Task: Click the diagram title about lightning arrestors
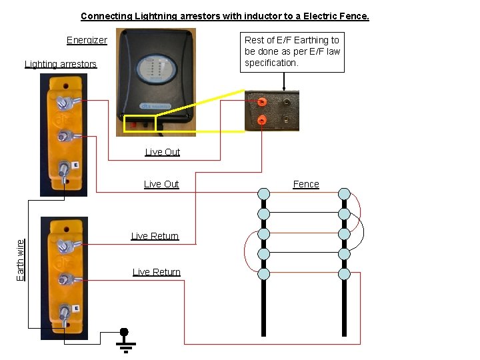point(225,16)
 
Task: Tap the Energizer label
point(87,40)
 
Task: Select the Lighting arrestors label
point(61,64)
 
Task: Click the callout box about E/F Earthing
point(293,51)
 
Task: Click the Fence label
point(306,184)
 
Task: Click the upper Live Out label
point(163,152)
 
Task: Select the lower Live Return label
point(157,271)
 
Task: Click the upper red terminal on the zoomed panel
point(262,102)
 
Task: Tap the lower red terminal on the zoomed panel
point(262,120)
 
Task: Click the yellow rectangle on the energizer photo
point(139,124)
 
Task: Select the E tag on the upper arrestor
point(75,165)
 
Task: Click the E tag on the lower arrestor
point(76,308)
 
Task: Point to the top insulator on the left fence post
point(264,194)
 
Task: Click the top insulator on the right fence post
point(344,194)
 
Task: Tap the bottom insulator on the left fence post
point(264,273)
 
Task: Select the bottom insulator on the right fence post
point(344,273)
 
